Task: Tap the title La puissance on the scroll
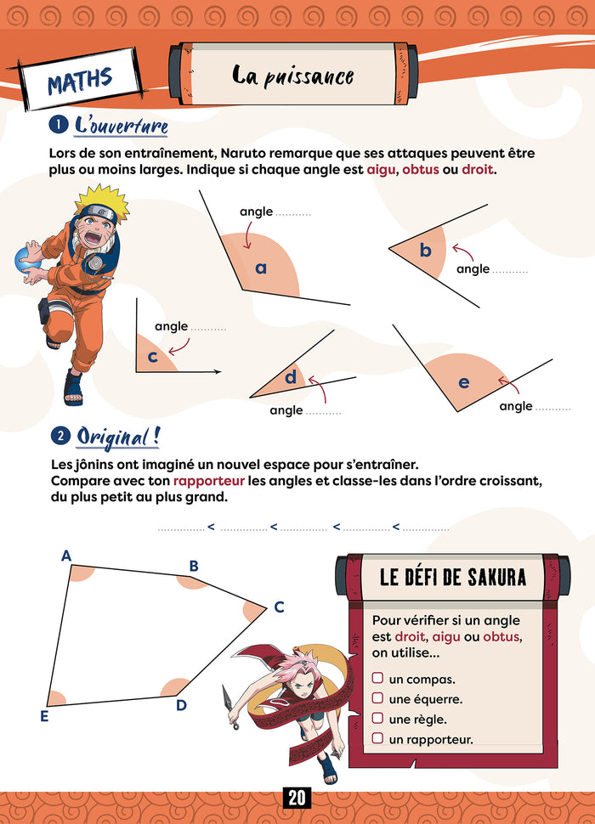(x=292, y=76)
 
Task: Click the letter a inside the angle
(x=261, y=268)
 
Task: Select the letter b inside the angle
(x=426, y=251)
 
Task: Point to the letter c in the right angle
(x=153, y=357)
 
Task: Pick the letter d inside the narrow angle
(x=291, y=376)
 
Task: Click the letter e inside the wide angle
(x=463, y=383)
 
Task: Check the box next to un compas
(x=377, y=679)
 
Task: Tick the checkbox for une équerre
(x=377, y=698)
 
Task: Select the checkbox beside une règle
(x=377, y=719)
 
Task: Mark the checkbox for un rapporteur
(x=377, y=738)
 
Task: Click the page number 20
(x=297, y=799)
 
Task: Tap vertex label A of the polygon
(x=65, y=556)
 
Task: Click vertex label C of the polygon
(x=278, y=607)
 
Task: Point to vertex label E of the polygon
(x=43, y=716)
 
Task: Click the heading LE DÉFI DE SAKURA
(x=452, y=578)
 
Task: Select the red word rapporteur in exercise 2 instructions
(x=208, y=482)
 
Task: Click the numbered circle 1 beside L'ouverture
(x=59, y=126)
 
